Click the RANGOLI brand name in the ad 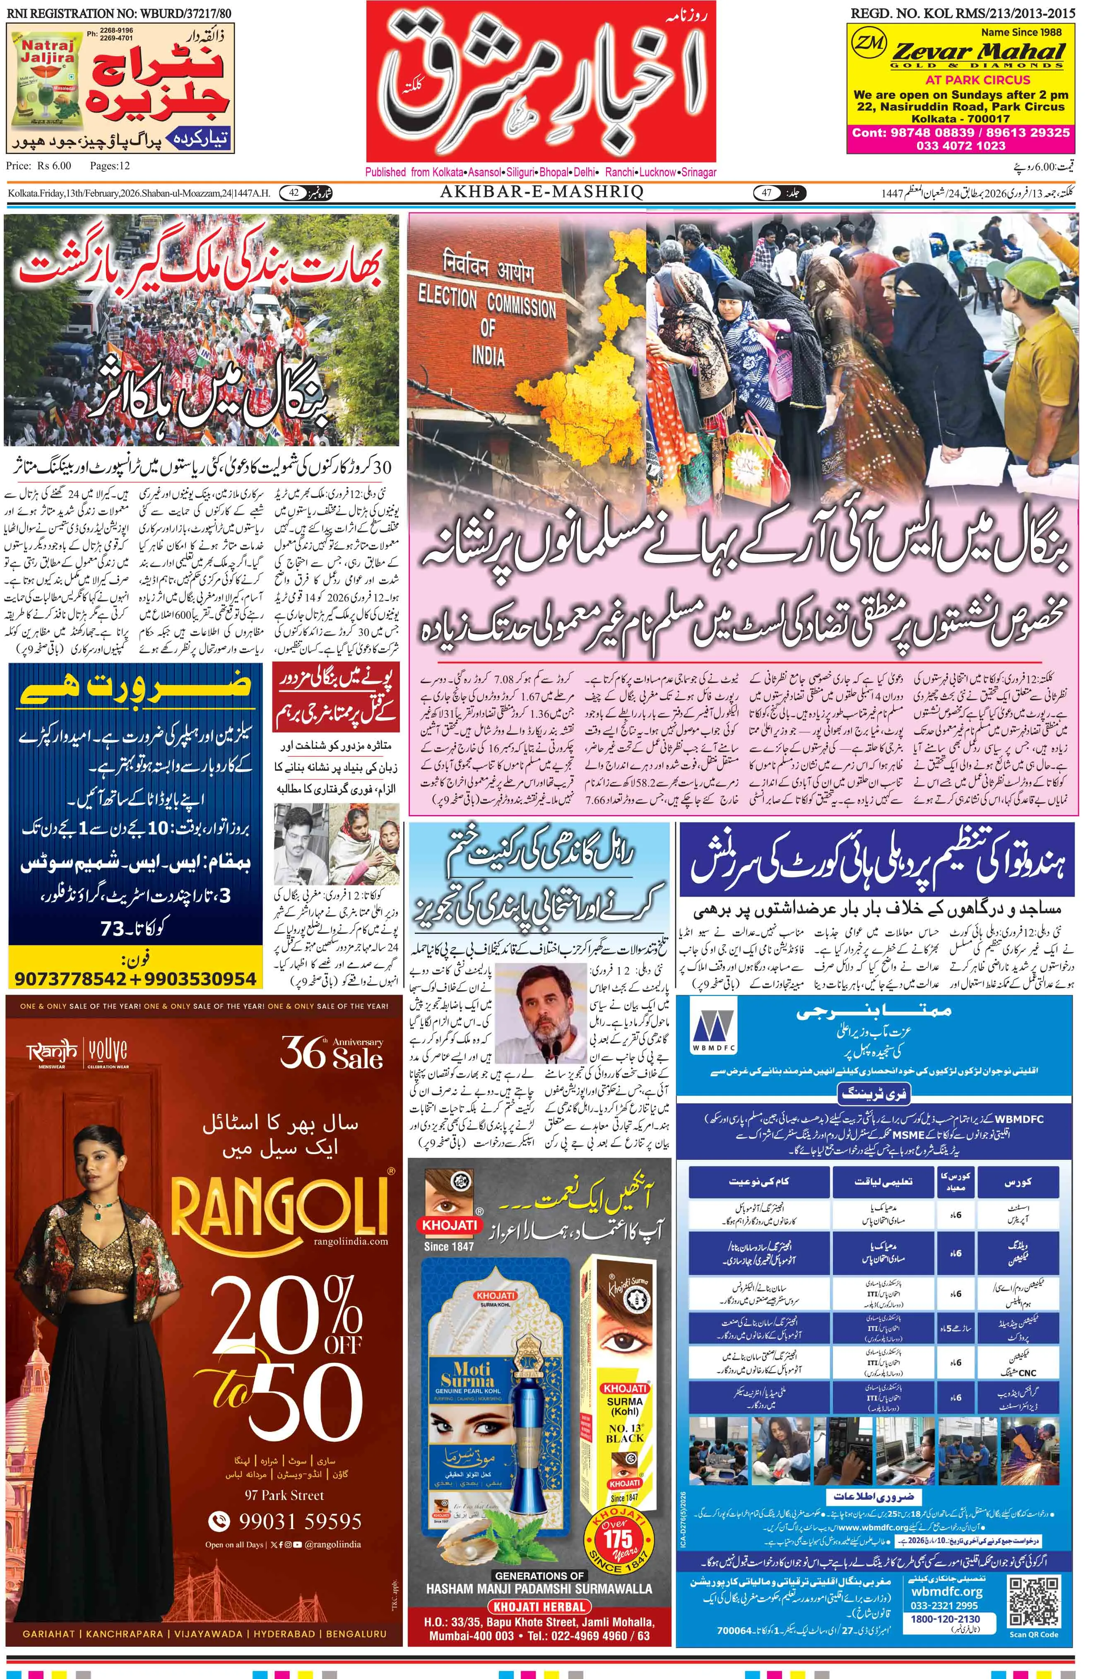point(280,1207)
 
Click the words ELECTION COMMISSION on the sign point(487,302)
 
